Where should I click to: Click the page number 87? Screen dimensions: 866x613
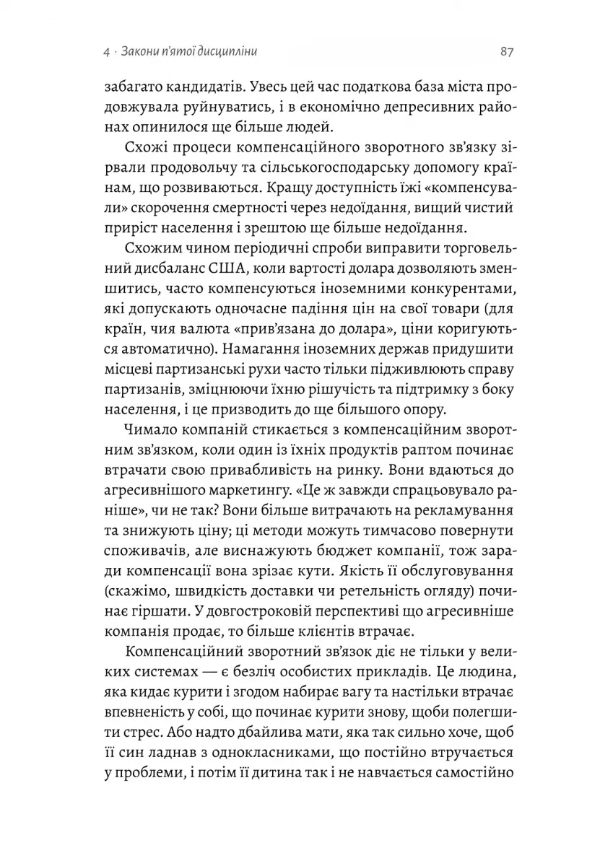pos(505,52)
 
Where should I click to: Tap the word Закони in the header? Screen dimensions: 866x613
pos(141,53)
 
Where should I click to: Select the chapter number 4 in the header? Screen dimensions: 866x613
pos(107,53)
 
